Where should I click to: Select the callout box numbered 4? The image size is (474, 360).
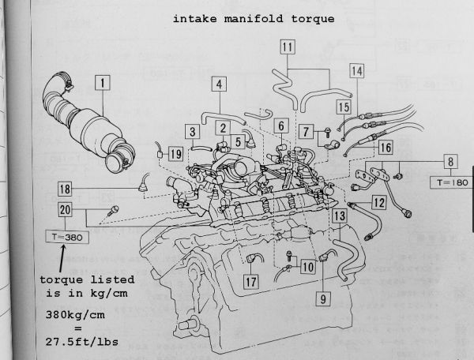(220, 83)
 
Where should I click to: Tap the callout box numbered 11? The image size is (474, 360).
(288, 48)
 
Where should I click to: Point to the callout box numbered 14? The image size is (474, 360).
(358, 71)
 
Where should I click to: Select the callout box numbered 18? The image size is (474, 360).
(65, 189)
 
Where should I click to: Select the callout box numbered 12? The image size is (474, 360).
(379, 203)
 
